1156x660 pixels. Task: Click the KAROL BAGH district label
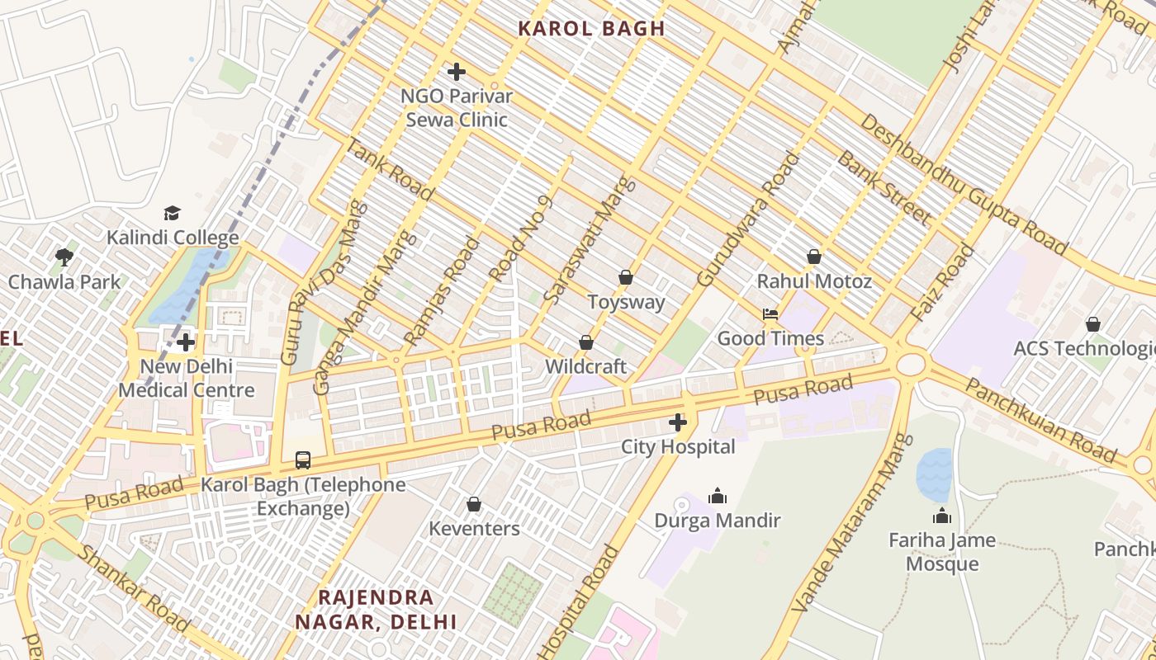(x=591, y=28)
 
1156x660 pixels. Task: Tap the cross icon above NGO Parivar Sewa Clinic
(x=456, y=72)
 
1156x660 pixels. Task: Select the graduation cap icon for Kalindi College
(x=172, y=214)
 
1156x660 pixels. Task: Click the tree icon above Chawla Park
(x=64, y=257)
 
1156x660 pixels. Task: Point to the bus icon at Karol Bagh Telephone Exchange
(x=303, y=460)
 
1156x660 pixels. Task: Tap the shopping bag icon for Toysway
(x=626, y=278)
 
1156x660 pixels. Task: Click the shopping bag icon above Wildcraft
(x=586, y=342)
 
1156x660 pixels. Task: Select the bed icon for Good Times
(x=770, y=314)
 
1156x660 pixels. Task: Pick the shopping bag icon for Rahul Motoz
(x=814, y=257)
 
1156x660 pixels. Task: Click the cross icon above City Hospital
(x=678, y=423)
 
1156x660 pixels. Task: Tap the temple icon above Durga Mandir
(x=718, y=496)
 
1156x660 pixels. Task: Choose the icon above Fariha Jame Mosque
(x=942, y=516)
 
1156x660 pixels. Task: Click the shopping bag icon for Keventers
(x=474, y=504)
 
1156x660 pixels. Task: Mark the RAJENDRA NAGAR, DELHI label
(x=376, y=609)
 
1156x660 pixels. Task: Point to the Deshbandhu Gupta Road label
(x=963, y=184)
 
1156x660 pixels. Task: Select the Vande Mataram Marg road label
(x=851, y=523)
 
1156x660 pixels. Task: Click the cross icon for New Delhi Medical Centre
(x=186, y=342)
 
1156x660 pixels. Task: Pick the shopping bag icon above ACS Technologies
(x=1093, y=325)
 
